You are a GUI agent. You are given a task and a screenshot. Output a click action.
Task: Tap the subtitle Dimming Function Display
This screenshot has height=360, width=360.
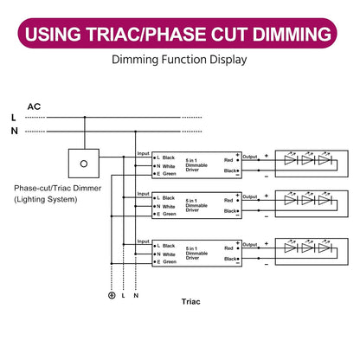click(x=179, y=60)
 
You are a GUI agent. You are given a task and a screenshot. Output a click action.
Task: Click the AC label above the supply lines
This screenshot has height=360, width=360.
click(x=34, y=106)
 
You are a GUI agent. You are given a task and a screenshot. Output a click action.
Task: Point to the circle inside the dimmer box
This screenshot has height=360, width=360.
click(x=84, y=164)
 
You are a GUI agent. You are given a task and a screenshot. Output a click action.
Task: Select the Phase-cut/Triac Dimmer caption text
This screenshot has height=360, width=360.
click(x=58, y=189)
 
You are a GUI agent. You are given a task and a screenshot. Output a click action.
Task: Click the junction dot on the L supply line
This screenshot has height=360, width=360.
click(x=85, y=118)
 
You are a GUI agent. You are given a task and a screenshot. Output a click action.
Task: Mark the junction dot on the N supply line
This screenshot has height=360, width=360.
click(x=135, y=132)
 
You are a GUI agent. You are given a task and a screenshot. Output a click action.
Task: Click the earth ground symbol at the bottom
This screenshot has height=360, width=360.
click(x=112, y=295)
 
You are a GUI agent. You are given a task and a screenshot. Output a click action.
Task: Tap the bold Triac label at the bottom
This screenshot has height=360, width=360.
click(x=190, y=302)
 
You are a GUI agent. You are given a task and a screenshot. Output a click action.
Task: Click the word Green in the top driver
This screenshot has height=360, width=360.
click(x=170, y=174)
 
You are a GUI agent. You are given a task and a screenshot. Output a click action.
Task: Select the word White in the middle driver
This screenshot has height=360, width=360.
click(x=169, y=207)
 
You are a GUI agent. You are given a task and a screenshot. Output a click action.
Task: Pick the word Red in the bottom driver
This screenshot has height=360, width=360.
click(x=228, y=248)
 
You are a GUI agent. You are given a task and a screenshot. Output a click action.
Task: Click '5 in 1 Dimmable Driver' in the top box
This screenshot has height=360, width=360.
click(x=196, y=165)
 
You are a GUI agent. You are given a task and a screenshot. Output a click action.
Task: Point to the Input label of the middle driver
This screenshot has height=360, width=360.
click(x=143, y=194)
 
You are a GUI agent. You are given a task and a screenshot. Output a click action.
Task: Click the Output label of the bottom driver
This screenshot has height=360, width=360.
click(x=250, y=245)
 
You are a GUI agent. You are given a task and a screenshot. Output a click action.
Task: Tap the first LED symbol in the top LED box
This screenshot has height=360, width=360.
click(x=291, y=160)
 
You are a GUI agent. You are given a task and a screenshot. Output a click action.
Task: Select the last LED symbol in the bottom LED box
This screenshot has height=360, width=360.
click(x=325, y=247)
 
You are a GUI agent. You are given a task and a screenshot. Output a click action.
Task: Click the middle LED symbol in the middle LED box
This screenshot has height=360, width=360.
click(x=308, y=200)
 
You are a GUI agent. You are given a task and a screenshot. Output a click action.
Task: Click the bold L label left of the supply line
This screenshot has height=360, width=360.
click(x=13, y=118)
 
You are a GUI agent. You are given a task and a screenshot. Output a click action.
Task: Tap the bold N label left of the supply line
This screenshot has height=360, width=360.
click(x=14, y=131)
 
